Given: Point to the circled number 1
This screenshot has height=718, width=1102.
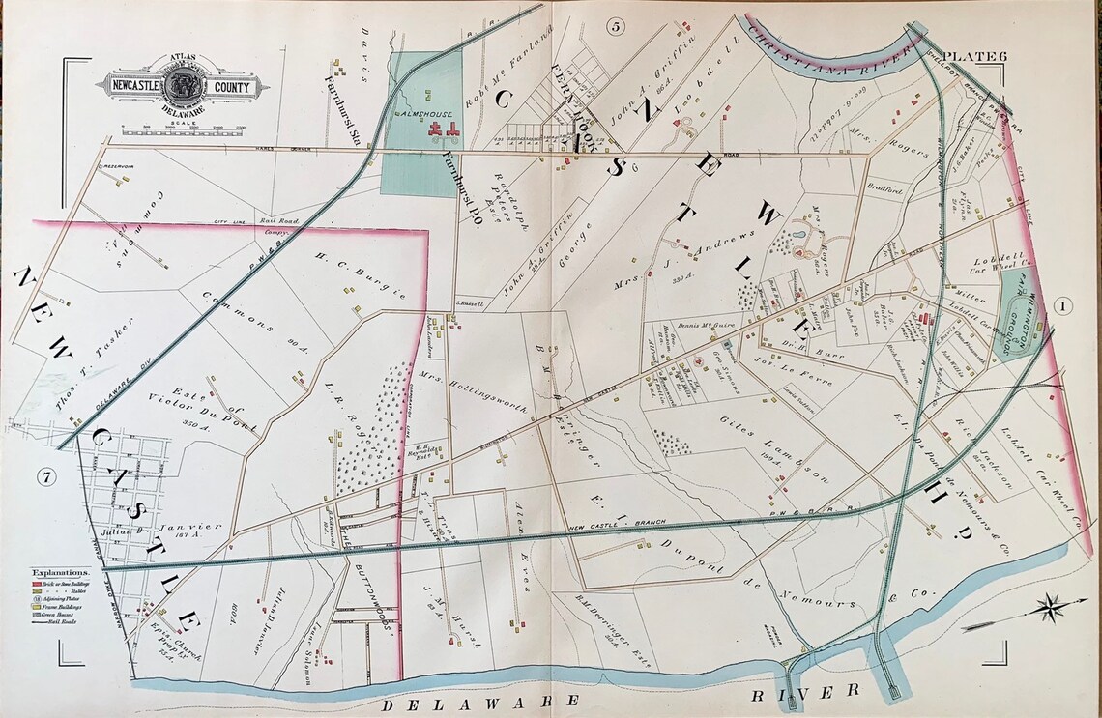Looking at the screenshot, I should pos(1063,307).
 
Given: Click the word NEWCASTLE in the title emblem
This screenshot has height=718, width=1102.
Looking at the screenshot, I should pos(132,87).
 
